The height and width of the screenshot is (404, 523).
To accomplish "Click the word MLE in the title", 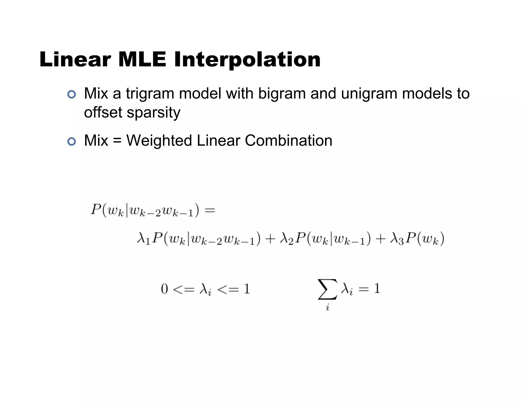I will pos(142,60).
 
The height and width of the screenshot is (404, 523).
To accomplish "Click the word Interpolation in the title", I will pos(247,60).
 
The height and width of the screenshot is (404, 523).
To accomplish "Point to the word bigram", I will pos(282,94).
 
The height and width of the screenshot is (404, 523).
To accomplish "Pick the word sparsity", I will pos(153,113).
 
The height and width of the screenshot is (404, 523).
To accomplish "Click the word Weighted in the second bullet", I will pos(159,141).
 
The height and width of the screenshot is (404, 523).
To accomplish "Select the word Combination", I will pos(288,141).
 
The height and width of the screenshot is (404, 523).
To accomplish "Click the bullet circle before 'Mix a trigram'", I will pos(72,94).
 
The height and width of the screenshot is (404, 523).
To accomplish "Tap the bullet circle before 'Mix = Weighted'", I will pos(72,141).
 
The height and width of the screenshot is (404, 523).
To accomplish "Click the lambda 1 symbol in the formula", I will pos(143,239).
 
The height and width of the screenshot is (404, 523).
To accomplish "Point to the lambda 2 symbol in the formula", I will pos(286,239).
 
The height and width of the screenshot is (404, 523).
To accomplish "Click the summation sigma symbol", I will pos(327,289).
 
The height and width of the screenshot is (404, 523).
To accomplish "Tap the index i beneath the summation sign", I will pos(328,307).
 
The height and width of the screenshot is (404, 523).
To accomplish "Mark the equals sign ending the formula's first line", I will pos(210,211).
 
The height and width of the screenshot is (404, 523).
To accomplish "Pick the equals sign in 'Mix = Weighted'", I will pos(117,141).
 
